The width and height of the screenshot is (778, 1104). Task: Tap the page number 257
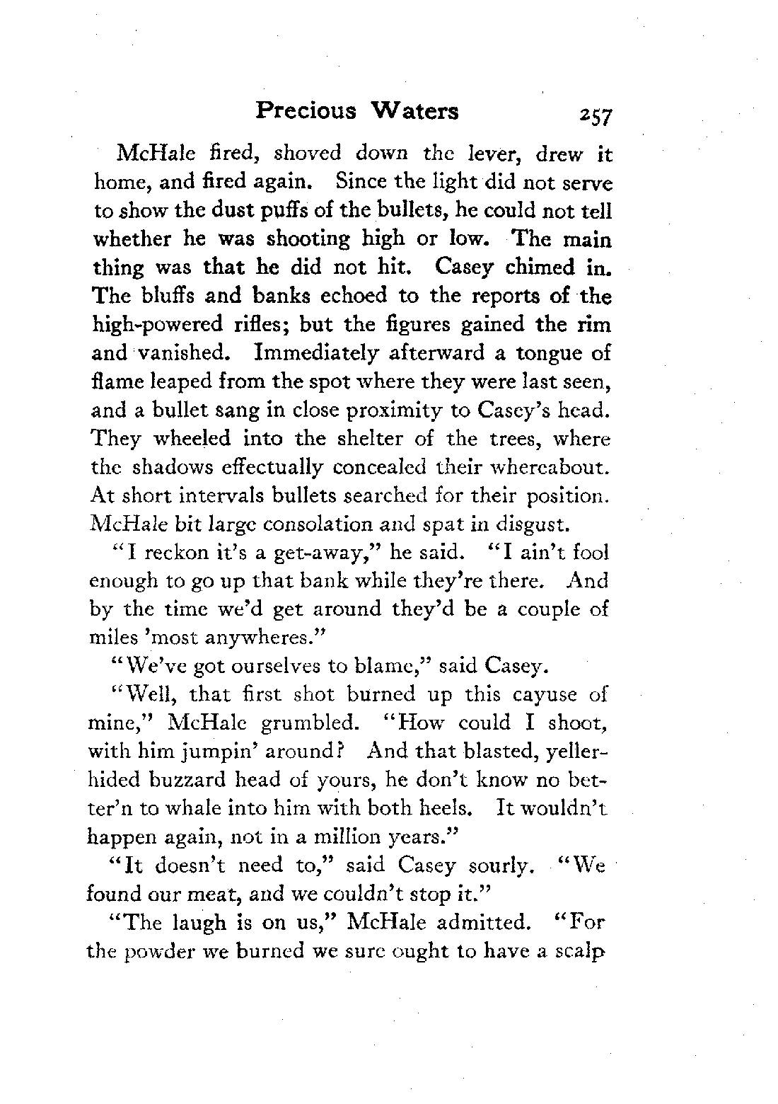tap(597, 115)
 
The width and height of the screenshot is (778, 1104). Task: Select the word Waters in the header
tap(414, 112)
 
